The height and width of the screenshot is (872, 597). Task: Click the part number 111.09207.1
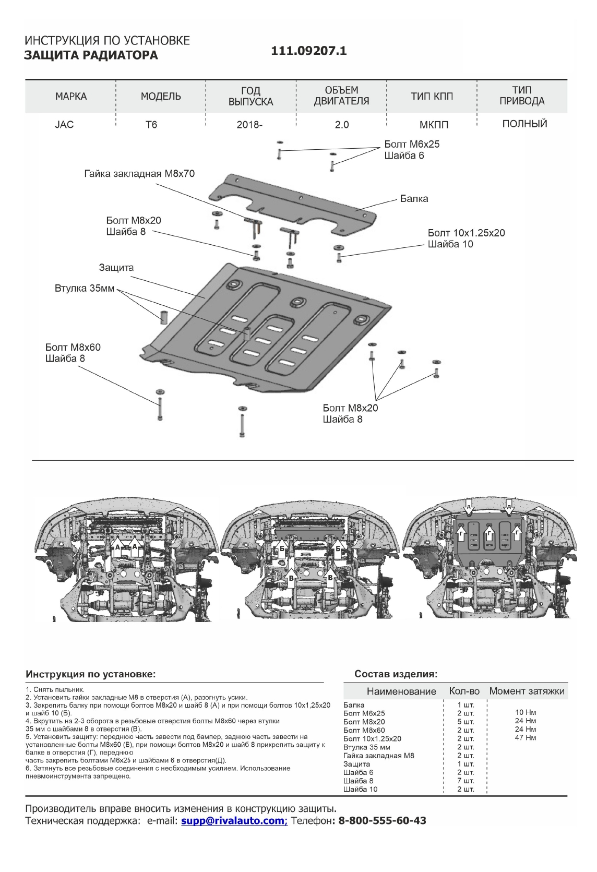[x=309, y=51]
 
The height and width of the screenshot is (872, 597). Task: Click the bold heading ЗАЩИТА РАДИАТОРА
[x=91, y=55]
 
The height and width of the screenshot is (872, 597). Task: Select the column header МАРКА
[x=71, y=97]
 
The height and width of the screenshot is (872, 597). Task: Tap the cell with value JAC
[x=64, y=125]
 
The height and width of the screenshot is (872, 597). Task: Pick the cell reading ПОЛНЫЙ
[x=524, y=124]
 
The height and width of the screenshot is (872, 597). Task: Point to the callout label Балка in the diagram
[x=414, y=199]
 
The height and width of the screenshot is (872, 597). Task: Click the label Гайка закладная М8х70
[x=139, y=174]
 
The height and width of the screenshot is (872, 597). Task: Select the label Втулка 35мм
[x=85, y=289]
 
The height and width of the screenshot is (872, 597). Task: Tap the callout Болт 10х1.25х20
[x=466, y=233]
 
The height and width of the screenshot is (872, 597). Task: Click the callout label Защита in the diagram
[x=116, y=268]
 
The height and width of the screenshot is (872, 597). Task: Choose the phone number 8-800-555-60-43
[x=382, y=821]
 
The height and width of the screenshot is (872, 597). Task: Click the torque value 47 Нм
[x=526, y=738]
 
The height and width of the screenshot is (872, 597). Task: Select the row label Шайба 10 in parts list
[x=360, y=789]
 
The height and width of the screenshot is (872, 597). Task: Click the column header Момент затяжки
[x=527, y=691]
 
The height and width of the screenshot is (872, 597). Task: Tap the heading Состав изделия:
[x=396, y=674]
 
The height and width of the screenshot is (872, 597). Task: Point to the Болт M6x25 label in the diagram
[x=412, y=144]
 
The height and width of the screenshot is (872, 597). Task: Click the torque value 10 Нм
[x=526, y=712]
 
